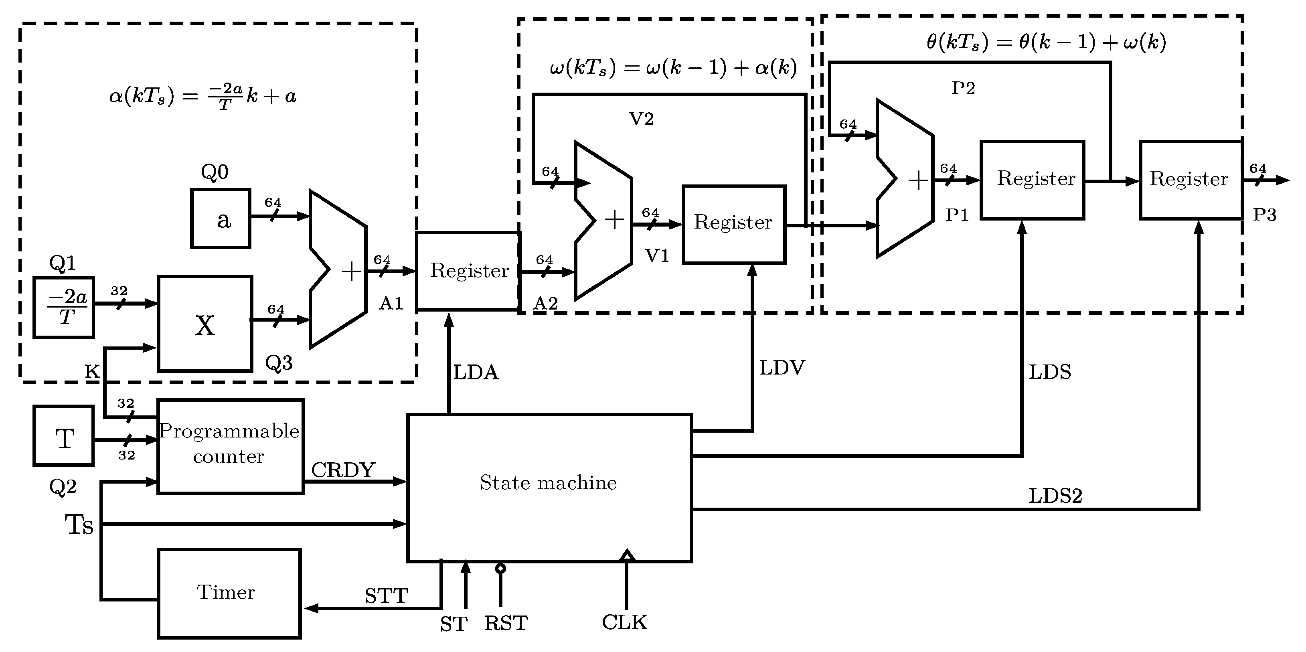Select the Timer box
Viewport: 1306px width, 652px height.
click(229, 593)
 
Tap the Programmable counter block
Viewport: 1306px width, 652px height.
click(230, 445)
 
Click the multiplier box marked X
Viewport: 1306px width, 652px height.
click(205, 324)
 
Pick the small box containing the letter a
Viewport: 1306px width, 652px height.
click(221, 219)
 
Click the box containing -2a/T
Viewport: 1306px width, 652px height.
click(64, 307)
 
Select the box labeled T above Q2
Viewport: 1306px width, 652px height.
click(63, 435)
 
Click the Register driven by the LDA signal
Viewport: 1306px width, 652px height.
click(468, 271)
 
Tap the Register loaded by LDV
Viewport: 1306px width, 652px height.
click(734, 224)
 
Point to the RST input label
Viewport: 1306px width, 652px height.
click(506, 623)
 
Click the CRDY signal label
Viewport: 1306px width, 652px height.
click(343, 470)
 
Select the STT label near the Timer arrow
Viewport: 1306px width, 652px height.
click(386, 596)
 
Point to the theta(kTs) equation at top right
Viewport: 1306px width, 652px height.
click(1046, 42)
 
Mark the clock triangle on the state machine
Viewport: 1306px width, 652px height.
click(627, 555)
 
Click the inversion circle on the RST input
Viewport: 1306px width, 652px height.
click(500, 568)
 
